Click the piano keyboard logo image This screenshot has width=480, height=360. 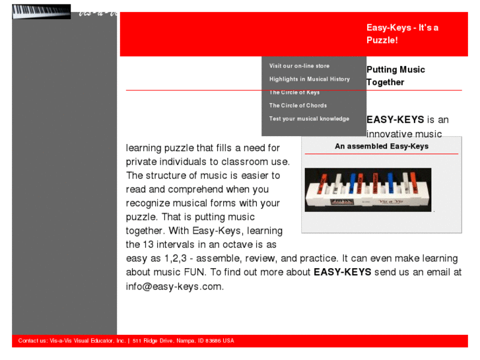click(41, 12)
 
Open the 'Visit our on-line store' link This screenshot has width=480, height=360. click(299, 66)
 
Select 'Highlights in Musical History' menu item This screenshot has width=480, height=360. click(309, 79)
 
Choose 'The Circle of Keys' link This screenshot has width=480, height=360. click(294, 92)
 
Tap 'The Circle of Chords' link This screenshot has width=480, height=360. click(298, 106)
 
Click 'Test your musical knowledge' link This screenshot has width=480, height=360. click(309, 119)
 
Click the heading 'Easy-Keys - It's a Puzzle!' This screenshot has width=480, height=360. click(402, 34)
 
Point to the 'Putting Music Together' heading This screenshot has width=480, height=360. click(395, 76)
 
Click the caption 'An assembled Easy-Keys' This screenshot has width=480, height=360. click(381, 147)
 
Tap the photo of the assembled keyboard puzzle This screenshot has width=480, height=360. click(368, 190)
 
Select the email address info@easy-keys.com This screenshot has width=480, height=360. click(174, 287)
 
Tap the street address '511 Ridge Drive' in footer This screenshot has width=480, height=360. click(153, 341)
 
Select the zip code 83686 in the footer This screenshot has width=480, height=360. click(212, 341)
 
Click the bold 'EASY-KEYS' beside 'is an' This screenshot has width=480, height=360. click(395, 120)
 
